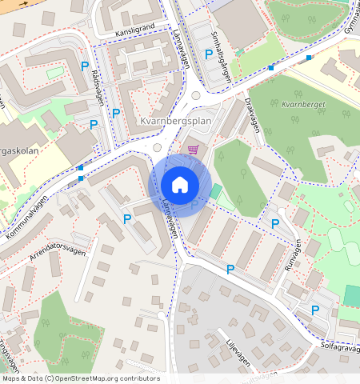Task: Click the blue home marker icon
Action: pos(180,185)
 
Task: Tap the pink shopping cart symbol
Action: pos(192,149)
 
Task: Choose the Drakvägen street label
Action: pos(253,116)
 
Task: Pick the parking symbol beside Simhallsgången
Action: pos(209,54)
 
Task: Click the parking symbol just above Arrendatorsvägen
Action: pos(126,218)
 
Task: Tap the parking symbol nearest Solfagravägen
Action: pos(315,310)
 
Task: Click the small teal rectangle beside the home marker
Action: pos(216,192)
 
